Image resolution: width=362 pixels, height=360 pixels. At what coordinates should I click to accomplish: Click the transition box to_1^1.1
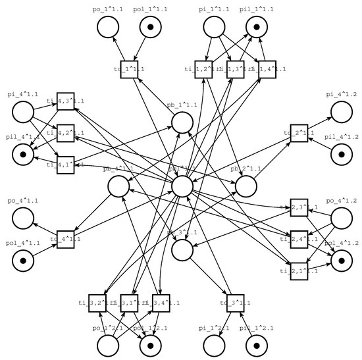(129, 68)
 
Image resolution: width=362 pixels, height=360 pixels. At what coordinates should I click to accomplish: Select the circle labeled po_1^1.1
(107, 27)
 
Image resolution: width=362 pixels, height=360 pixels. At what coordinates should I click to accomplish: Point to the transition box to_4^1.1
(65, 240)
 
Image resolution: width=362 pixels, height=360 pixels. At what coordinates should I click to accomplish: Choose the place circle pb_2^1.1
(245, 187)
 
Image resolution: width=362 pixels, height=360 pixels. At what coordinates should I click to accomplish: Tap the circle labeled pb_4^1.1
(118, 187)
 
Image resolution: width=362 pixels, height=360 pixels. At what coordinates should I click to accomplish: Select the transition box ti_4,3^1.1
(65, 101)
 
